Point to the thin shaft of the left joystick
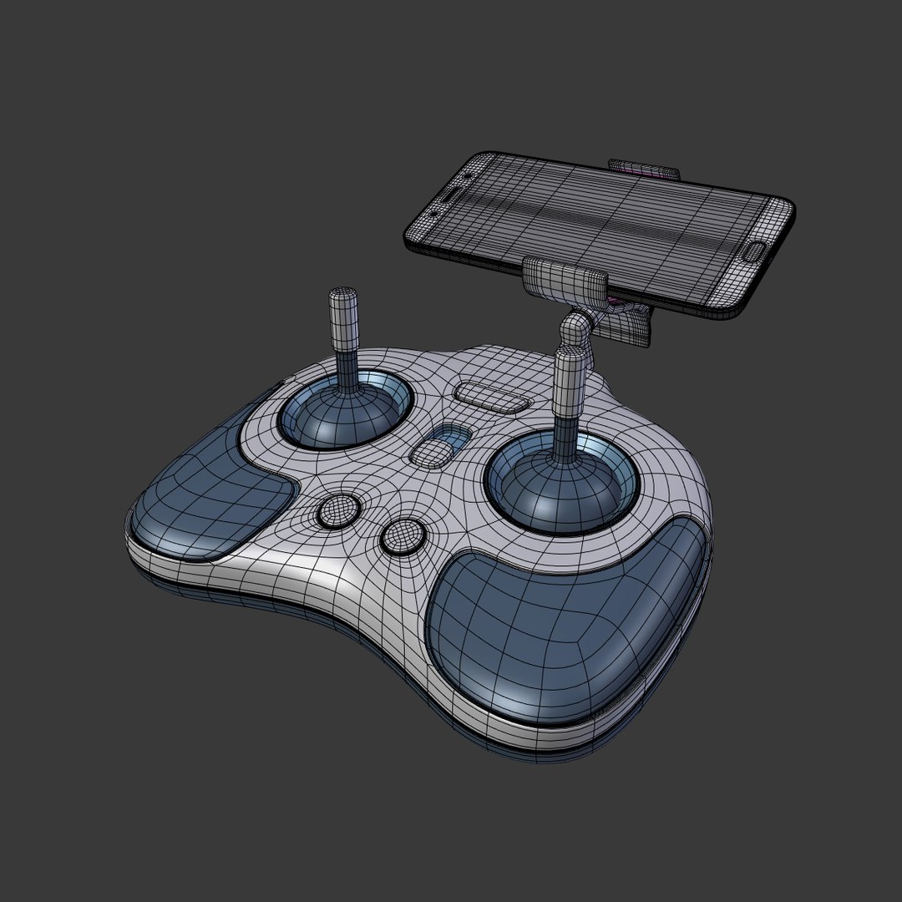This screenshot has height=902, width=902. tap(345, 367)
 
